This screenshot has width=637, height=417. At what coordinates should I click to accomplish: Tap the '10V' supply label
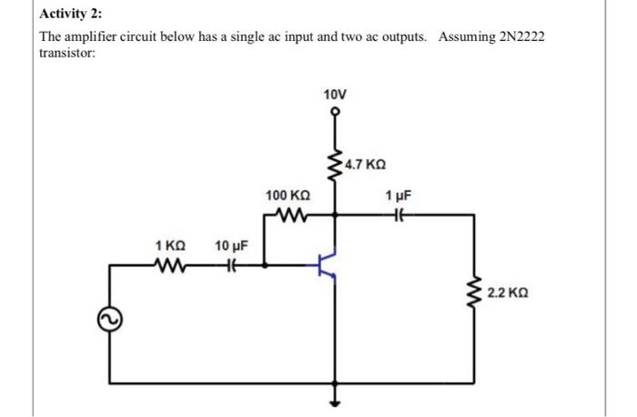point(335,95)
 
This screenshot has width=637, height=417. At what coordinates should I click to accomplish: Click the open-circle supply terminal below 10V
point(335,113)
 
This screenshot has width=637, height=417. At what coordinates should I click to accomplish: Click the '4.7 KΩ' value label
point(366,166)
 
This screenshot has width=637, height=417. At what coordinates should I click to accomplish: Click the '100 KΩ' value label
point(288,197)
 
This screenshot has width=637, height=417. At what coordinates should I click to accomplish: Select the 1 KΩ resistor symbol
point(172,267)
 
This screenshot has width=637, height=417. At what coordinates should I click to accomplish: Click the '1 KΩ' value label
point(171,246)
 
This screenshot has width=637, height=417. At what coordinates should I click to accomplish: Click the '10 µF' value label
point(231,246)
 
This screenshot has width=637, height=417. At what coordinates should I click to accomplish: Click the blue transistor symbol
point(329,264)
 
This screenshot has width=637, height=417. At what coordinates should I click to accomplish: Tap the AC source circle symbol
point(110,318)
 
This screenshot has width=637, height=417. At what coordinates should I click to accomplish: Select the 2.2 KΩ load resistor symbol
point(473,294)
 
